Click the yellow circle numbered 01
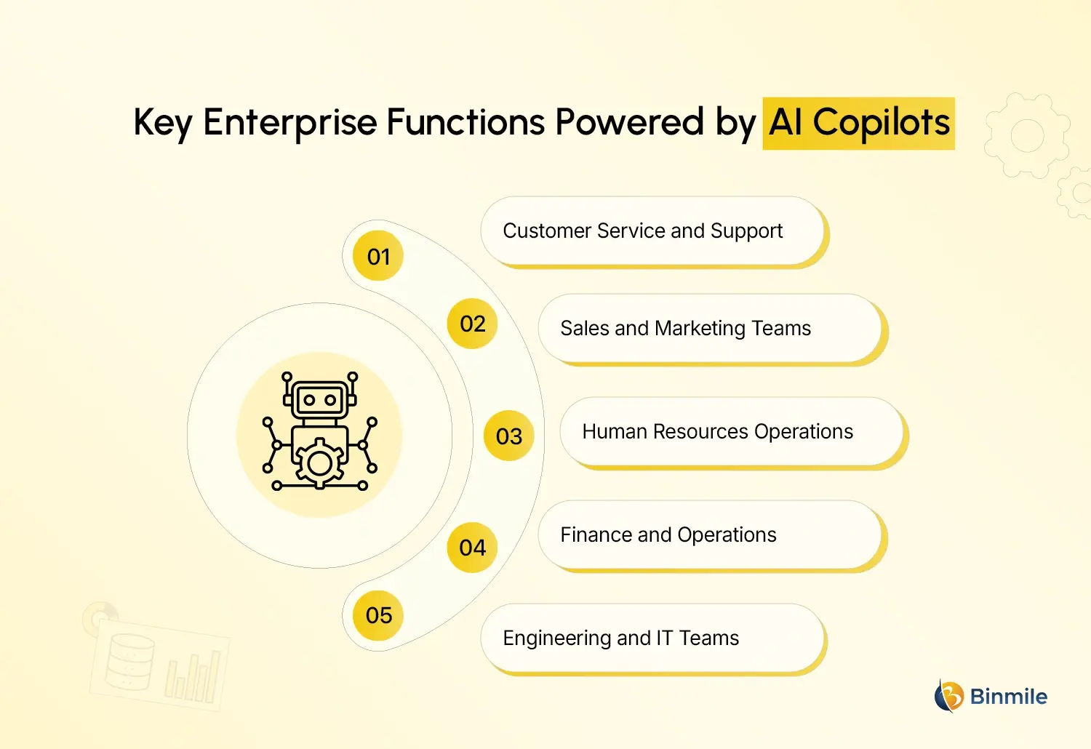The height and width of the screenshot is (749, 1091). click(378, 256)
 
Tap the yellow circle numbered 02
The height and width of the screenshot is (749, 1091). click(472, 324)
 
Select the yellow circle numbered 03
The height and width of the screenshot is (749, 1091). click(509, 436)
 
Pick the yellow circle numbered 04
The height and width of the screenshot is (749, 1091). click(472, 547)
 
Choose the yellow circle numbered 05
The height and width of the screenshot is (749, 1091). click(378, 615)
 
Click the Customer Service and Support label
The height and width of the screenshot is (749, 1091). click(643, 231)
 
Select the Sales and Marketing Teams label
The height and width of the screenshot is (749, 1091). click(685, 329)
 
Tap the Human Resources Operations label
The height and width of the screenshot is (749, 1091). click(717, 432)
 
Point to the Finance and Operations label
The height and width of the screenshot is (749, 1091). click(668, 535)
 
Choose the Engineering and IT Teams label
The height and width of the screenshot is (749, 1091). click(620, 638)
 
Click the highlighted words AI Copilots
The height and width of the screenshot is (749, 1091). click(859, 123)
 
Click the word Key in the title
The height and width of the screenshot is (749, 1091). click(162, 123)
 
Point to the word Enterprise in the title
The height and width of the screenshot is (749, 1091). click(289, 123)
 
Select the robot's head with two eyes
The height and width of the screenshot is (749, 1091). click(319, 399)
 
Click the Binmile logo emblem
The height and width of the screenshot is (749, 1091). click(948, 697)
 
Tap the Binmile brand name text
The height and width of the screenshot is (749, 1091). click(1009, 697)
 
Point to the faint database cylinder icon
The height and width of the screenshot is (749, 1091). click(130, 662)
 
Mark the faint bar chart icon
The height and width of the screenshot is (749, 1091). click(193, 676)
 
